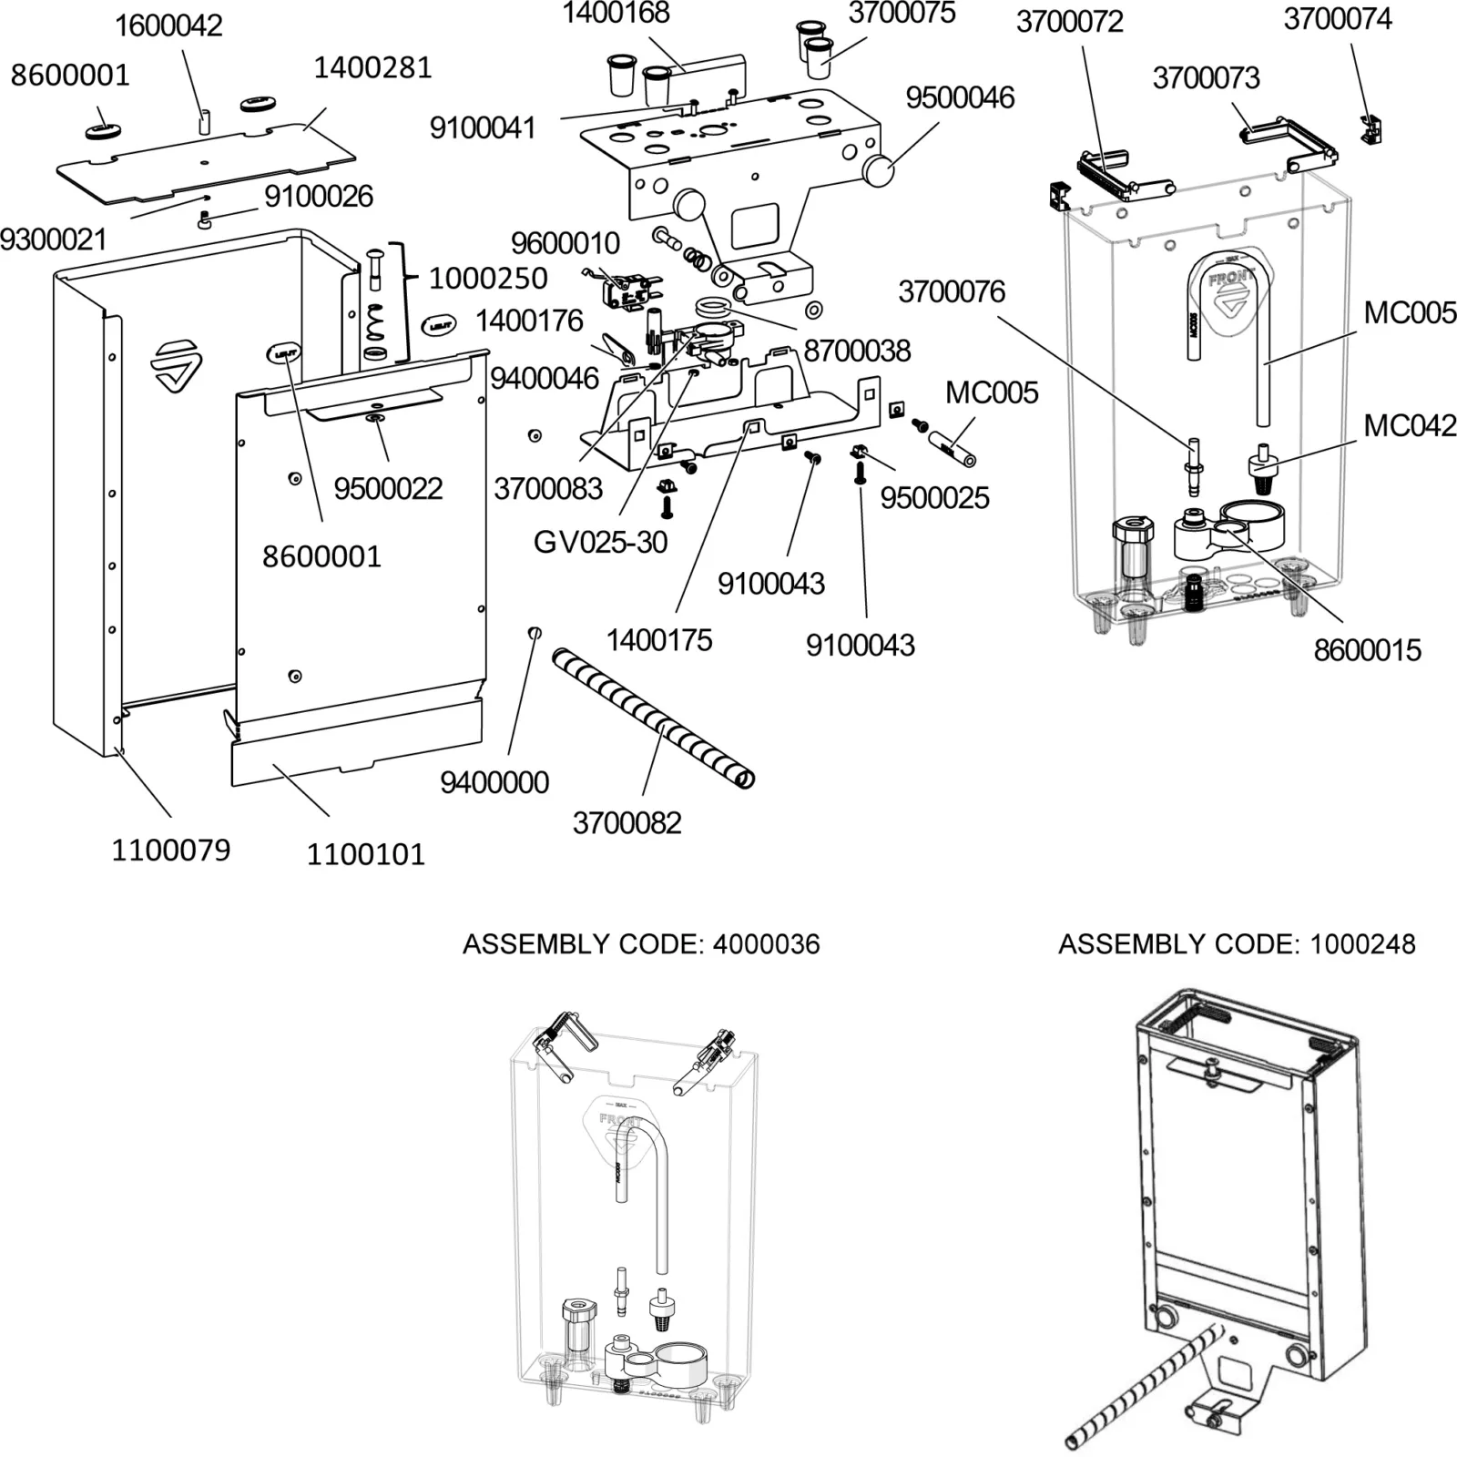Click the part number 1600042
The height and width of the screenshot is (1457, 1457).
[x=168, y=25]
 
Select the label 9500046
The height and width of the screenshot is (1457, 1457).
[x=959, y=97]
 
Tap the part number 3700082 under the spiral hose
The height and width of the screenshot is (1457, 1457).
[x=627, y=823]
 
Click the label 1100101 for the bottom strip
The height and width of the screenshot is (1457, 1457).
[x=365, y=854]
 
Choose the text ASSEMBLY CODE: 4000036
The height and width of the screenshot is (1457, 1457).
[x=641, y=944]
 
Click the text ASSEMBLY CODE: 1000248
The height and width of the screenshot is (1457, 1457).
[x=1236, y=944]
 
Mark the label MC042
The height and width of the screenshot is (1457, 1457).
[x=1409, y=425]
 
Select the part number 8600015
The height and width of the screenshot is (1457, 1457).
[x=1366, y=650]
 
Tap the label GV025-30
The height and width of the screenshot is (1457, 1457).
[x=600, y=543]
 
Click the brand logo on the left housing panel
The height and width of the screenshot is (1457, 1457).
[x=176, y=365]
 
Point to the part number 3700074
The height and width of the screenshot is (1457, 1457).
[x=1337, y=18]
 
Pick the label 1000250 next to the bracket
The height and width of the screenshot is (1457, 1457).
[x=488, y=279]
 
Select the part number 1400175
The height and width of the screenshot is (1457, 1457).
[x=658, y=640]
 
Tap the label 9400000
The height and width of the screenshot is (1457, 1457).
[x=494, y=782]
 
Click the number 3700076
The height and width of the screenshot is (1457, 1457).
[x=951, y=291]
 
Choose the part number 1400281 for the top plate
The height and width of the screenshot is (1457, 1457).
[x=372, y=67]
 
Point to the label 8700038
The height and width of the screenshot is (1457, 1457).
[x=856, y=351]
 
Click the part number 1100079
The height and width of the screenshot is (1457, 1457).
[x=170, y=851]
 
